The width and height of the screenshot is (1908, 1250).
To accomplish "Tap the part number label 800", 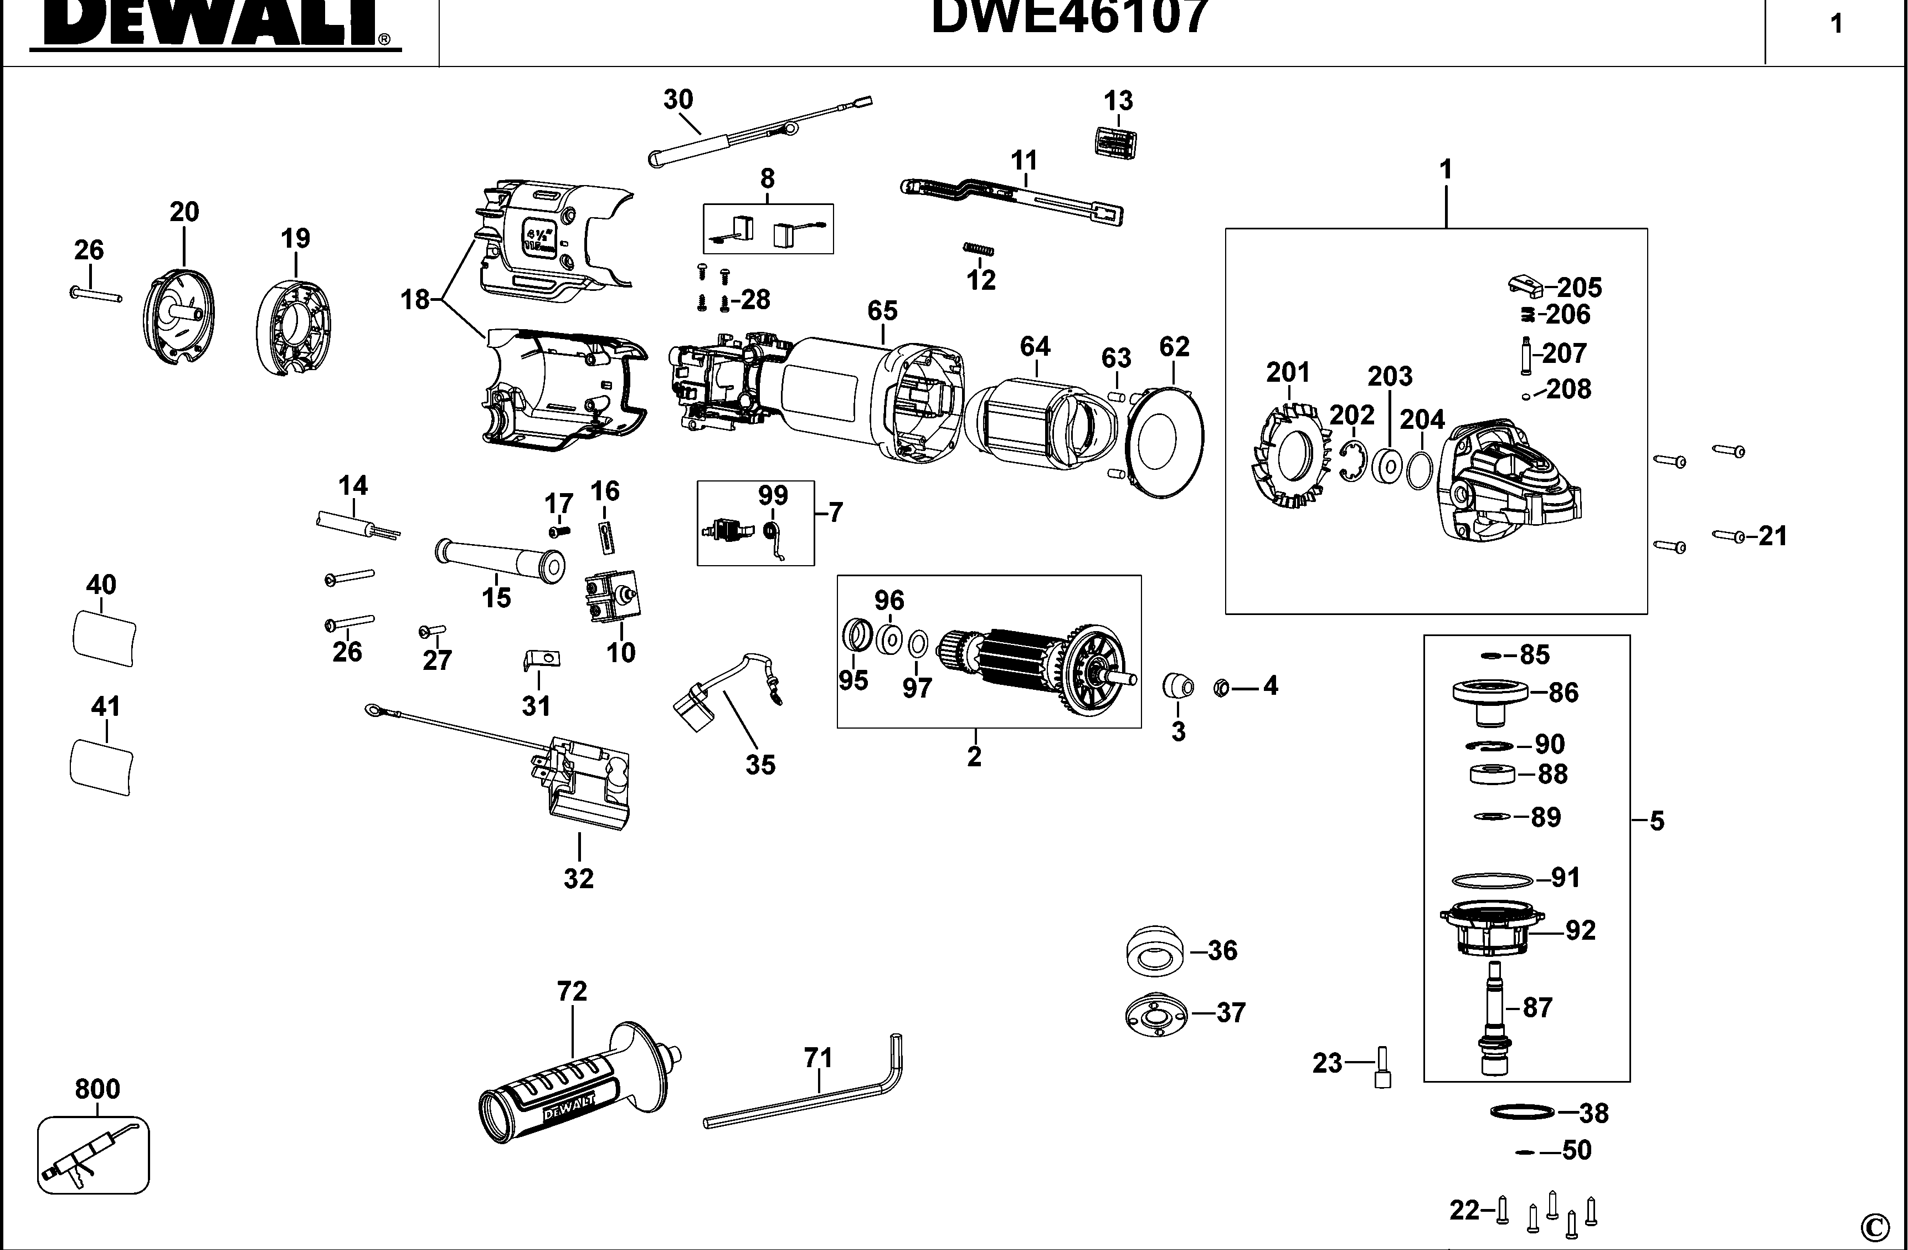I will point(97,1088).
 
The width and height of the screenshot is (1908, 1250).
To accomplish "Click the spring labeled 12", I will point(978,250).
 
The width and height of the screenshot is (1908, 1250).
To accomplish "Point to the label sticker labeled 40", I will point(104,637).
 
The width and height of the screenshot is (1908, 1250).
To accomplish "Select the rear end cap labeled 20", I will point(181,318).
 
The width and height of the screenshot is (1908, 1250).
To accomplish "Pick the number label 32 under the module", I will point(578,878).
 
